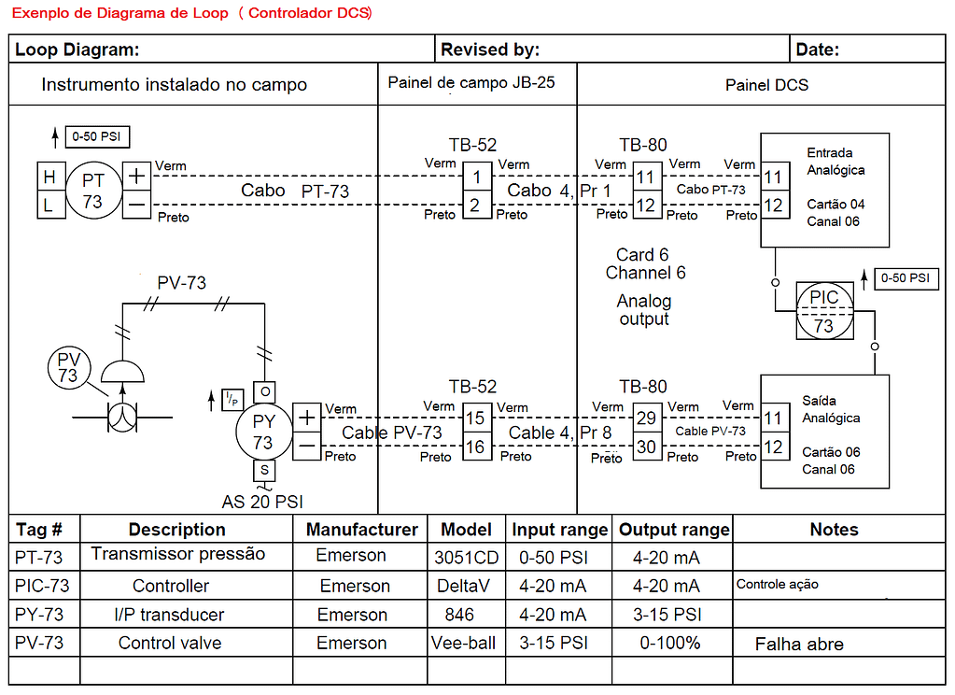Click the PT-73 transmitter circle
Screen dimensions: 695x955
click(93, 190)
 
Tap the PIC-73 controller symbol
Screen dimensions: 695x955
click(823, 311)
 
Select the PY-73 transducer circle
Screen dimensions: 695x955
click(264, 432)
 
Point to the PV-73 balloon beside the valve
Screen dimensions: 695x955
click(68, 366)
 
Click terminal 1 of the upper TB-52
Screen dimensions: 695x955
click(476, 177)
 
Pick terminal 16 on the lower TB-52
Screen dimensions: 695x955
click(476, 447)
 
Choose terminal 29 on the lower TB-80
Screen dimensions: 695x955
click(646, 419)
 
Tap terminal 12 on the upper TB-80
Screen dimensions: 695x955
click(646, 205)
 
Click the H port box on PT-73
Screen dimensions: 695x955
click(50, 176)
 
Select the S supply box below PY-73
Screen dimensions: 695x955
click(264, 470)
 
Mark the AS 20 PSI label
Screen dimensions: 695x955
click(262, 501)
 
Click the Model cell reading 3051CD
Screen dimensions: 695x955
click(466, 558)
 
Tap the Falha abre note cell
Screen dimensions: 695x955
click(799, 644)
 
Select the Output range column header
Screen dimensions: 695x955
click(673, 530)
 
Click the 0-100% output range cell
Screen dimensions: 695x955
click(669, 643)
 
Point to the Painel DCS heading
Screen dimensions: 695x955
click(766, 85)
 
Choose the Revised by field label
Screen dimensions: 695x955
click(490, 50)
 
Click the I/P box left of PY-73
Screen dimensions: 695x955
click(231, 401)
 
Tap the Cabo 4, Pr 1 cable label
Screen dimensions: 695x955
click(558, 191)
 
